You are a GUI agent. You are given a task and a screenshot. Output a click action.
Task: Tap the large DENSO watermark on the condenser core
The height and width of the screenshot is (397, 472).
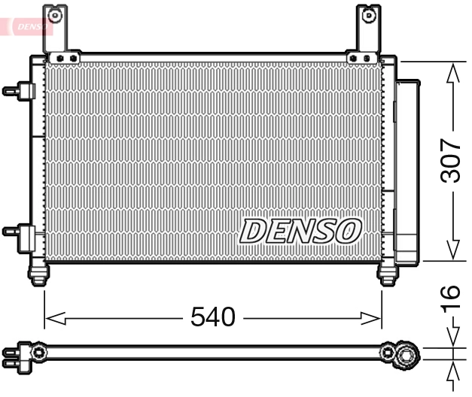[x=300, y=231]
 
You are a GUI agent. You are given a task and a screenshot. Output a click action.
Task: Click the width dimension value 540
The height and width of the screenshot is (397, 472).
[x=212, y=317]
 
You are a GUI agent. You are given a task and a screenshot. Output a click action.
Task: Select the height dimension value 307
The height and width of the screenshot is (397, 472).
[x=450, y=160]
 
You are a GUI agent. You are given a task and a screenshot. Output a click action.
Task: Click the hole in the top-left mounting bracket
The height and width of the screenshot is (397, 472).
[x=53, y=14]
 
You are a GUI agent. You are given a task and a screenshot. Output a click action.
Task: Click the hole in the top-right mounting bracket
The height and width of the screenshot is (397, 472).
[x=367, y=14]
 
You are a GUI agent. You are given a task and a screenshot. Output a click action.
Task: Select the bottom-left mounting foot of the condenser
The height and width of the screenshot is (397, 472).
[x=37, y=274]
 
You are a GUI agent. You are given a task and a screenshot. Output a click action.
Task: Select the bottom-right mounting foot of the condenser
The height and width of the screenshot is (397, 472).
[x=388, y=275]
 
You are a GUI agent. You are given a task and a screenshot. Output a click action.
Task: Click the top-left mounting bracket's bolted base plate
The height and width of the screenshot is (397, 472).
[x=62, y=57]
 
